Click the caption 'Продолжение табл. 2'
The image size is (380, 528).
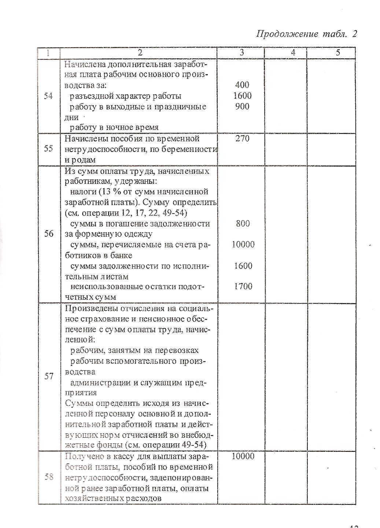[306, 34]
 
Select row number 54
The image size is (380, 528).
[48, 96]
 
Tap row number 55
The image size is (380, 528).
[48, 149]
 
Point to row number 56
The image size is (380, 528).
[48, 234]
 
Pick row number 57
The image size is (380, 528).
[48, 377]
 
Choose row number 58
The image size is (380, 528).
[48, 477]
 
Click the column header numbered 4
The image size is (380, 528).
[293, 53]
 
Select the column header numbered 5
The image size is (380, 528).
[338, 53]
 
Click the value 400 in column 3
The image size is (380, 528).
[242, 85]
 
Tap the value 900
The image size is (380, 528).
[242, 106]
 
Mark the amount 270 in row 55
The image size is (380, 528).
[242, 139]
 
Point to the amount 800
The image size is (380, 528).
[243, 223]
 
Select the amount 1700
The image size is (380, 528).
[243, 287]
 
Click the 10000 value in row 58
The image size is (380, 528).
[243, 456]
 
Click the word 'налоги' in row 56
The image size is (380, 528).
[81, 192]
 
